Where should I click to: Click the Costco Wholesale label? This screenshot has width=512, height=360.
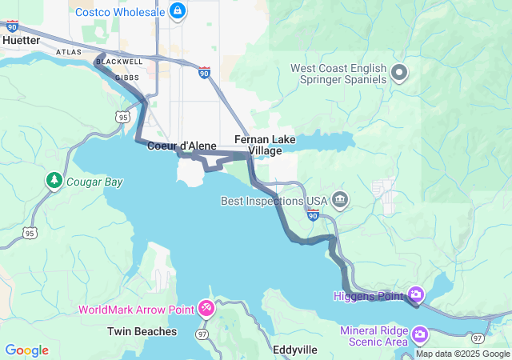tap(120, 12)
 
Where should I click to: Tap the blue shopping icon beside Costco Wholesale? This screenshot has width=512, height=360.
tap(178, 11)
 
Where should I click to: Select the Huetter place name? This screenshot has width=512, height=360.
tap(22, 40)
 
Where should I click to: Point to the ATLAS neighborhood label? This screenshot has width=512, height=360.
tap(69, 52)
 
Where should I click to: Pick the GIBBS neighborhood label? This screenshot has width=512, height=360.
tap(127, 78)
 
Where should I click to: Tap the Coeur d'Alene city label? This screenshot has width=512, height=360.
tap(182, 146)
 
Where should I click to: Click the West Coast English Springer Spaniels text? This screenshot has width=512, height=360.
tap(338, 74)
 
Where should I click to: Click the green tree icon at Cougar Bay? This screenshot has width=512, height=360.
tap(54, 181)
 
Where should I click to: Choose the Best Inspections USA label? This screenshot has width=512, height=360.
tap(274, 200)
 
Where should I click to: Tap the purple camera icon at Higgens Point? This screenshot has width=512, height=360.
tap(415, 295)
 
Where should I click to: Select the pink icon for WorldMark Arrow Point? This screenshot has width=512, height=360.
tap(206, 308)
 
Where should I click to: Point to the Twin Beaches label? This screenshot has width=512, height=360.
tap(142, 331)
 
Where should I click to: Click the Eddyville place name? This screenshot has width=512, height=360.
tap(294, 350)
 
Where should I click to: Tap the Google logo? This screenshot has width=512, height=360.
tap(26, 350)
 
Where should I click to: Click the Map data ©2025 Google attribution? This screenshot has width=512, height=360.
tap(462, 354)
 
